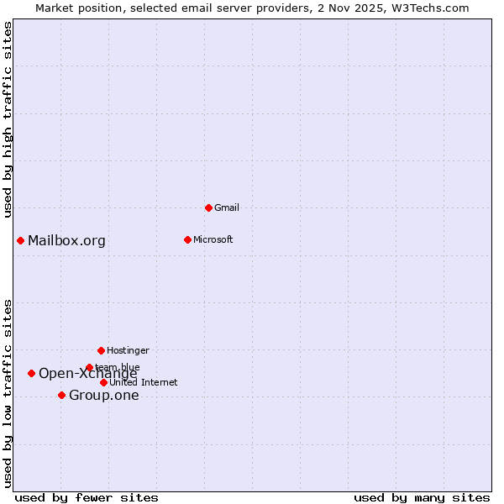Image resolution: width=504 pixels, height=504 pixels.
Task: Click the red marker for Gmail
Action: click(x=208, y=207)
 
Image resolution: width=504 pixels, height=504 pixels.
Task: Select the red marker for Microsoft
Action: click(x=187, y=239)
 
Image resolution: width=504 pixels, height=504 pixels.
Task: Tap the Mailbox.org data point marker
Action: click(x=20, y=241)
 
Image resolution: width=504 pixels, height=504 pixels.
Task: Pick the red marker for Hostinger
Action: click(x=101, y=350)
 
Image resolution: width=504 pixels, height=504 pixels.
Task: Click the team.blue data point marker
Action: click(x=89, y=367)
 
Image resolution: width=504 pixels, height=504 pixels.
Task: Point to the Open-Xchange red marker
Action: click(x=31, y=373)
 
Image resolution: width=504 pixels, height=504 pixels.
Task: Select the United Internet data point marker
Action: click(x=103, y=382)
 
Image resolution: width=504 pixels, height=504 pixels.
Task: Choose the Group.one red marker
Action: click(x=61, y=395)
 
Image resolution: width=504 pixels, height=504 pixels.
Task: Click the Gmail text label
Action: click(x=227, y=207)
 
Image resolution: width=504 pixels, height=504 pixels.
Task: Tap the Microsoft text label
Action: click(x=213, y=239)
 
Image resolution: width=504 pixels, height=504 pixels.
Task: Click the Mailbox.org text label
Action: click(x=67, y=241)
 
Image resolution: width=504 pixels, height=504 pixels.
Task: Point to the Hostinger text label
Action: click(x=128, y=350)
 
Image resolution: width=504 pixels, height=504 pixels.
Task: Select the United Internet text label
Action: click(x=144, y=382)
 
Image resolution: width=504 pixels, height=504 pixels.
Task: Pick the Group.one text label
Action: click(x=104, y=396)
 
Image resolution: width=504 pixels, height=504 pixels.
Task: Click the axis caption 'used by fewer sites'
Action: click(x=87, y=497)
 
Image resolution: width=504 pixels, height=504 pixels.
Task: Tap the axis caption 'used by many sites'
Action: click(x=422, y=497)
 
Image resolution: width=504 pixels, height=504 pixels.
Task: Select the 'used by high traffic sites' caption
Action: click(x=8, y=120)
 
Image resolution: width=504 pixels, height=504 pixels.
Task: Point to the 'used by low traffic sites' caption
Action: click(x=8, y=393)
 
